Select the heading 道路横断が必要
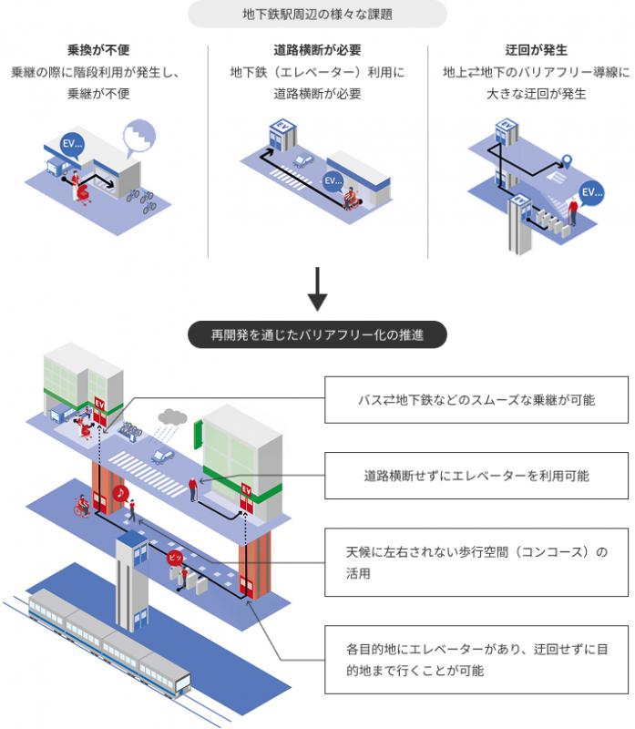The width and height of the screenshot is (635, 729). point(318,49)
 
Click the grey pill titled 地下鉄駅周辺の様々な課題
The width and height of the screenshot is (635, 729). point(318,14)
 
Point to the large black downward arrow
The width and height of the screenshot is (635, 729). point(318,288)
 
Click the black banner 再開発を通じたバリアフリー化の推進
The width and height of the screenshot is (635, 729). point(318,334)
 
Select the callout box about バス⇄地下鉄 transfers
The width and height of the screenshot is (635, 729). point(476,400)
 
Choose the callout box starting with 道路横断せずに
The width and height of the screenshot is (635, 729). point(476,476)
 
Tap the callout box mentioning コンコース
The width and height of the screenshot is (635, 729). point(476,563)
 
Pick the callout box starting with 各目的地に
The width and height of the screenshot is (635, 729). point(476,660)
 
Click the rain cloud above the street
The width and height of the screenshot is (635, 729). point(171,417)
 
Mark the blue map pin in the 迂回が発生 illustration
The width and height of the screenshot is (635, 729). point(566,162)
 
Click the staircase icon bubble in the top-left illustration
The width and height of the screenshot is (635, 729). point(140,137)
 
